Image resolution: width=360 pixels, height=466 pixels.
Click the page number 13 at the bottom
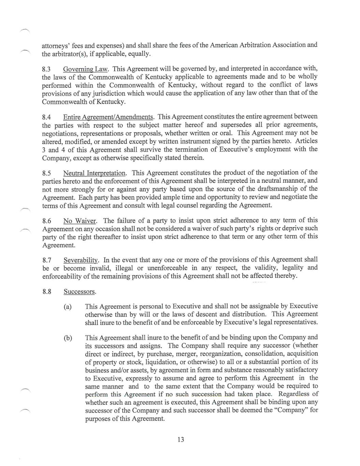coord(181,440)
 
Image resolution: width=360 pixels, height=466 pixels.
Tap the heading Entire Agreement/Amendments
coord(108,117)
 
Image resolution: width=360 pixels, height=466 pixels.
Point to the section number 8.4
coord(47,117)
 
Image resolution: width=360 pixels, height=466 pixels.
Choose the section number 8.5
coord(47,173)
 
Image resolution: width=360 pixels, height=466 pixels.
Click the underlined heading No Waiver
coord(80,221)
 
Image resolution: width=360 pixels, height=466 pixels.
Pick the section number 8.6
coord(47,221)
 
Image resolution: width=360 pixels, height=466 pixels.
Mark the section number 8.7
coord(47,260)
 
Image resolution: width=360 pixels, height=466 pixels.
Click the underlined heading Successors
coord(80,292)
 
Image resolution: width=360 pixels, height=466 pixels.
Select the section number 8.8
coord(47,292)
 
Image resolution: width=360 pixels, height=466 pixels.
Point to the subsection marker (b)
coord(68,338)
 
